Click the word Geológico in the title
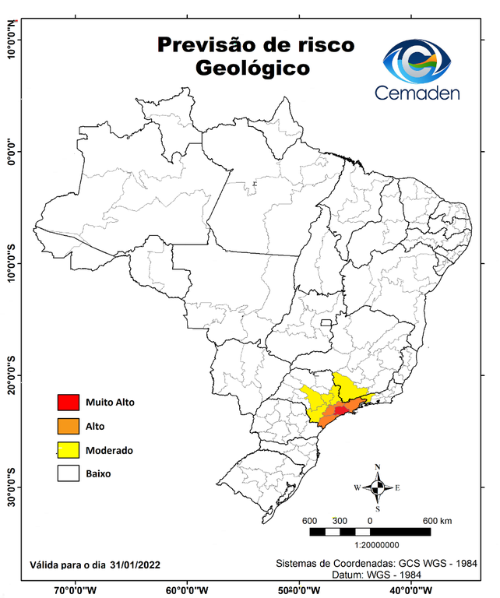(252, 69)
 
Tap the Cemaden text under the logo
(417, 93)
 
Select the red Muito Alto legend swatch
(68, 403)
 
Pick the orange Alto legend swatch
(68, 426)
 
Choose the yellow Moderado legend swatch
(68, 450)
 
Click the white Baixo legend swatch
(68, 473)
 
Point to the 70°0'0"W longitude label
(76, 589)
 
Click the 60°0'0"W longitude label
(187, 589)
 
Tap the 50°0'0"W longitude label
(298, 589)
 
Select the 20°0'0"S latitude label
(12, 375)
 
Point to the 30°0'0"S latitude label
(12, 487)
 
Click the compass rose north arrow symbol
(378, 487)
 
